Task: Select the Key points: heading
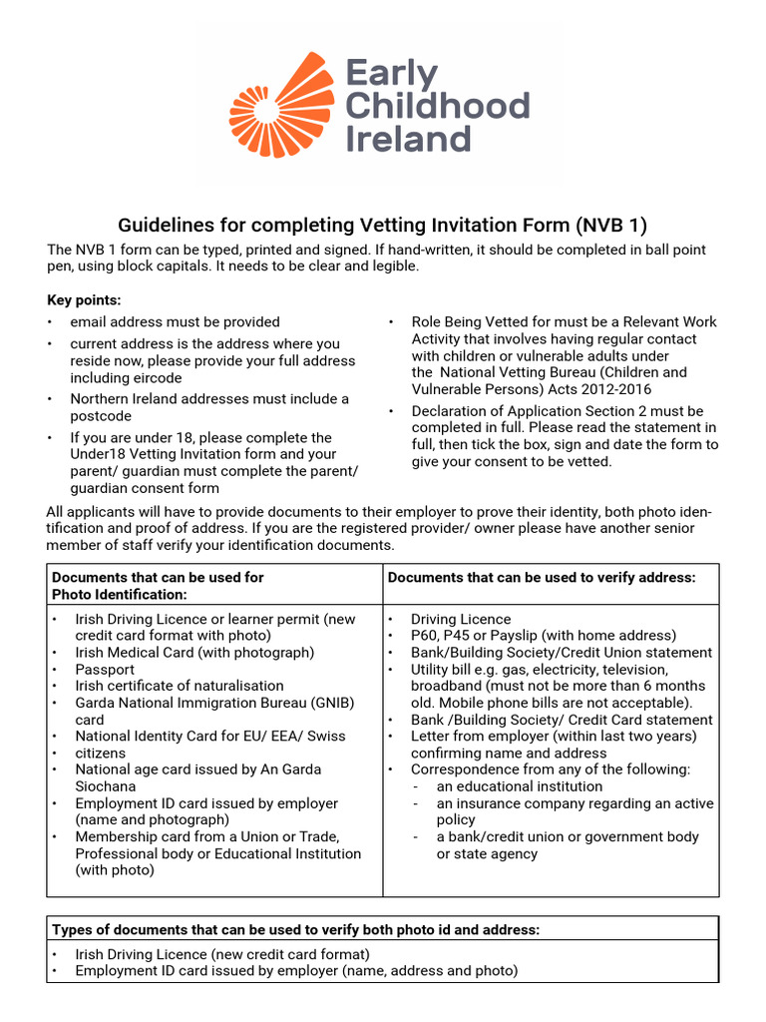pos(84,299)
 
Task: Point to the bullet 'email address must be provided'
pos(175,321)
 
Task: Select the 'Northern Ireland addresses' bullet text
pos(208,398)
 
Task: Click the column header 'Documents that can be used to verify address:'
pos(542,577)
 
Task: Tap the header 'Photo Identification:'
pos(120,594)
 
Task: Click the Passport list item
pos(106,669)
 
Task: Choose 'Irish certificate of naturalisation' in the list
pos(180,686)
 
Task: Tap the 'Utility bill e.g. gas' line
pos(539,670)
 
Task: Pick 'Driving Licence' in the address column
pos(460,619)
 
